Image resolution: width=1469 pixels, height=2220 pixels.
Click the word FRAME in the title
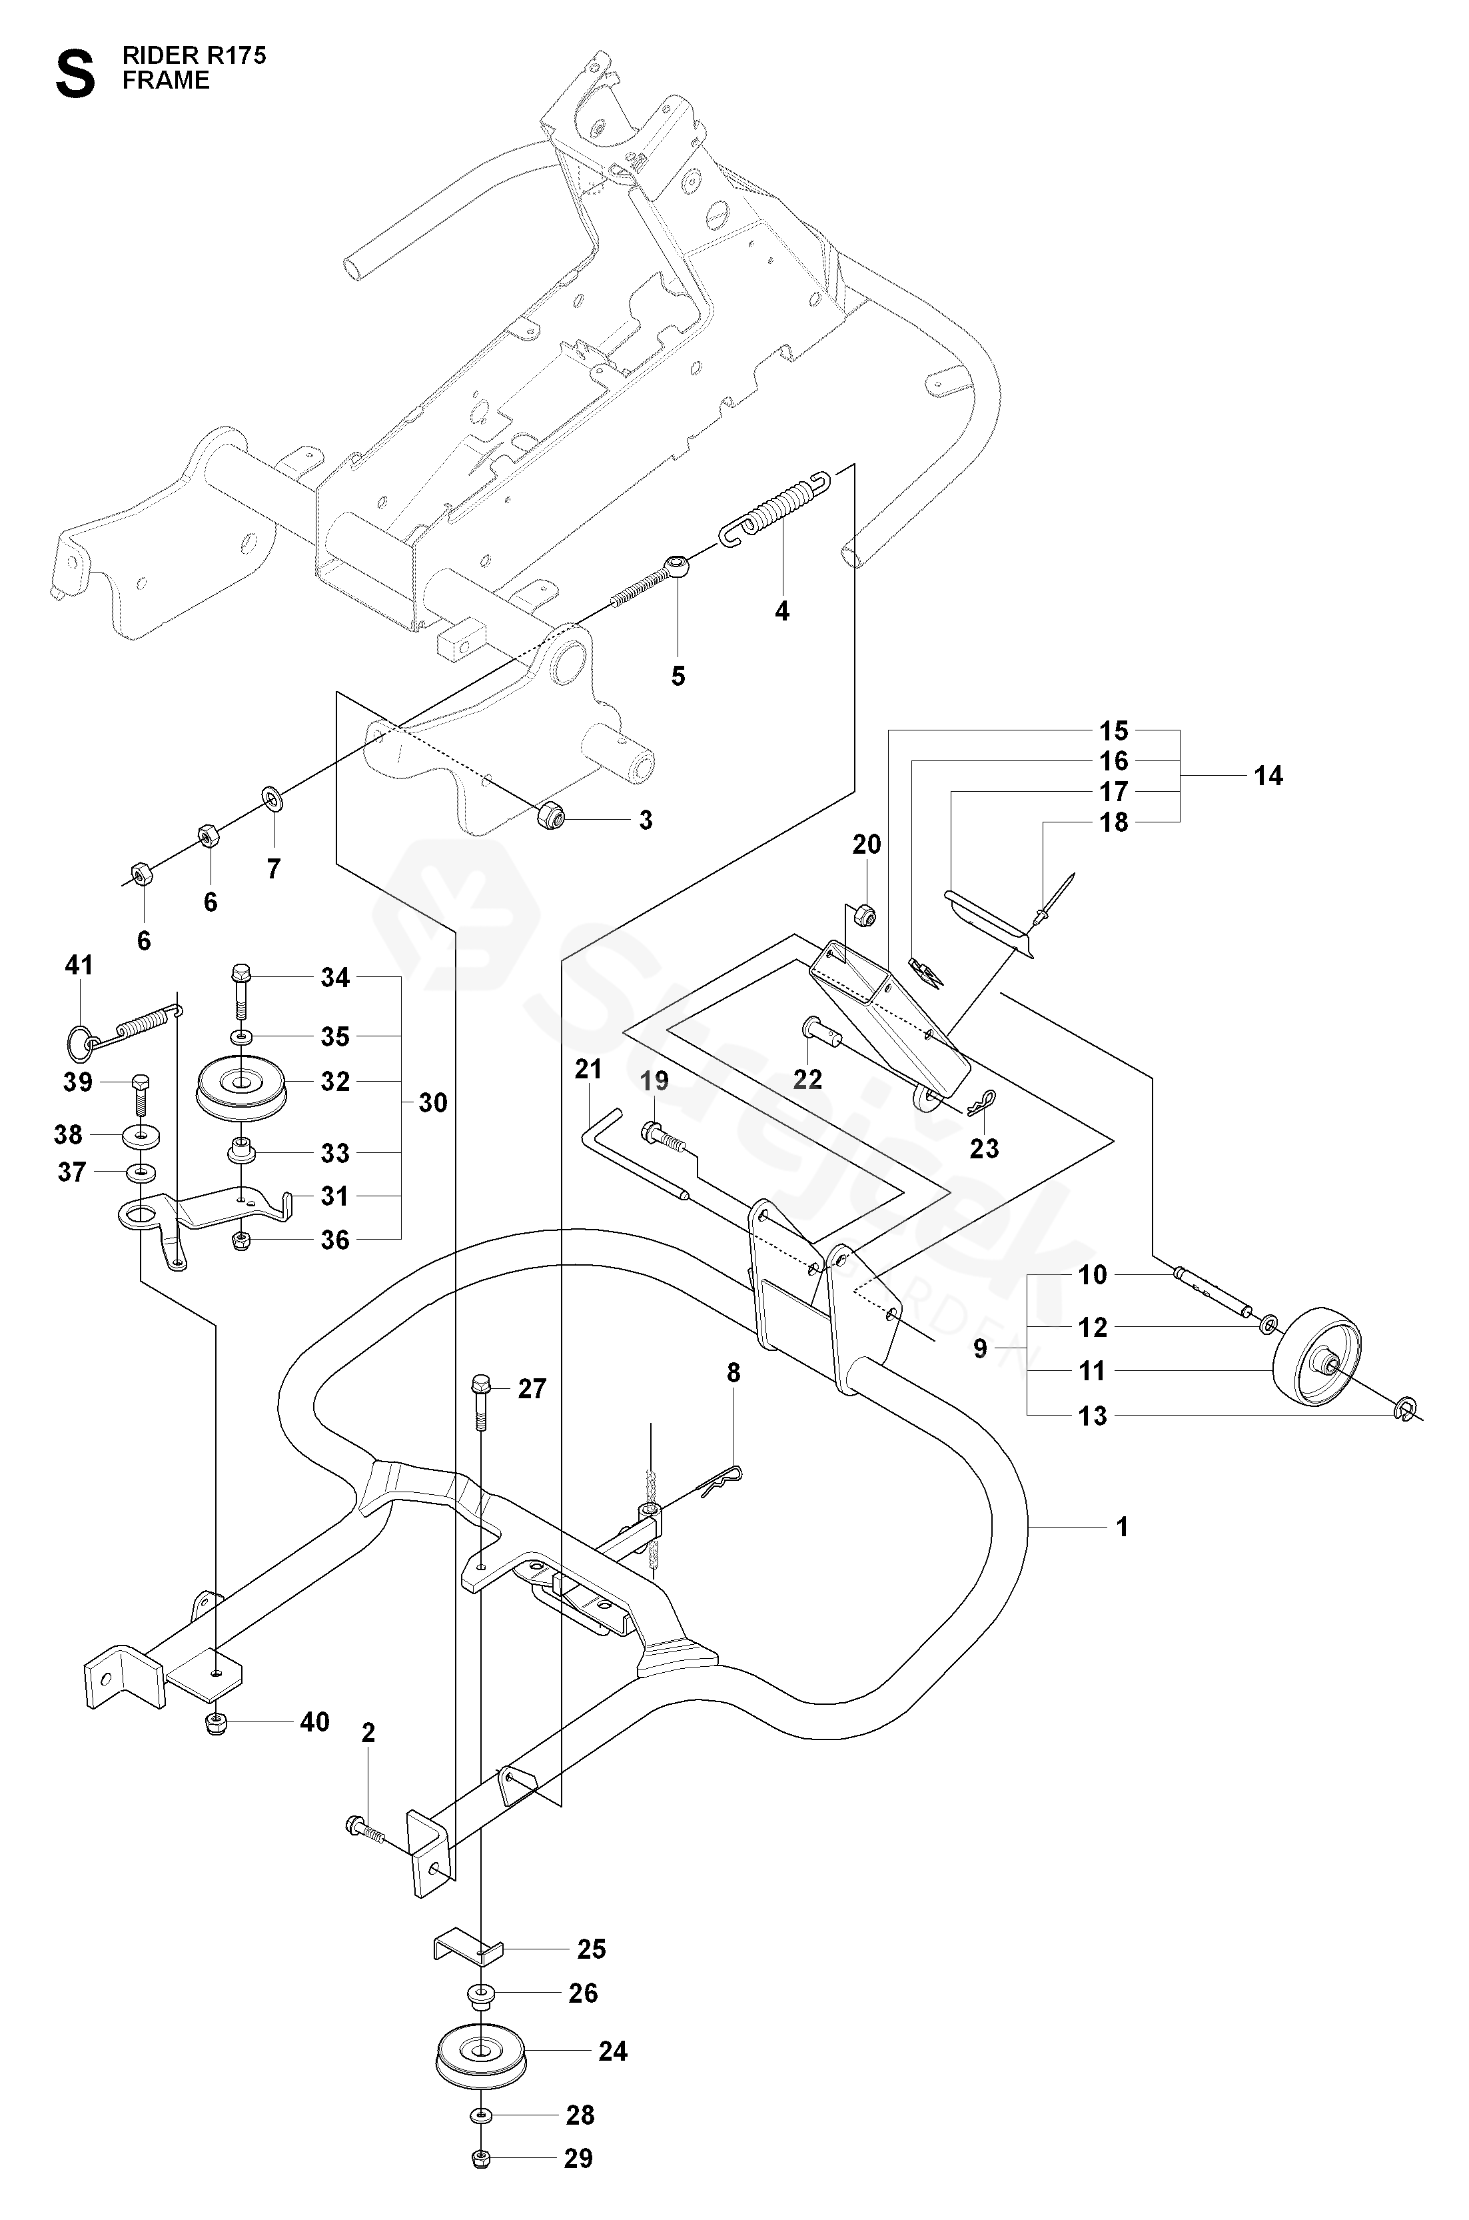pos(166,81)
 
